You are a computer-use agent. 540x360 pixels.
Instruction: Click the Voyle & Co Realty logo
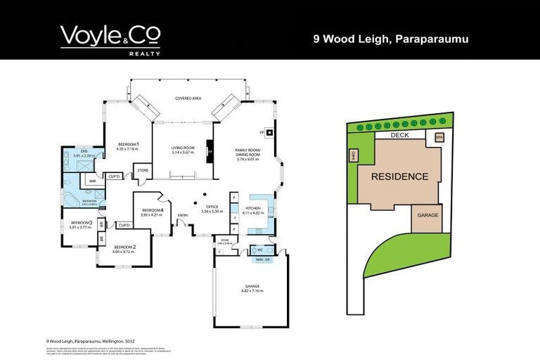(x=110, y=39)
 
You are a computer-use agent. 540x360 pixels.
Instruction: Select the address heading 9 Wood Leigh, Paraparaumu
(x=390, y=39)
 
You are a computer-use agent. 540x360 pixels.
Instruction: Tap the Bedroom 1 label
(x=128, y=146)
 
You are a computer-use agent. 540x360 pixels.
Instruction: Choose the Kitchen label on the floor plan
(x=252, y=208)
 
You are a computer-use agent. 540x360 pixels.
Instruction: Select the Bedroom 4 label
(x=153, y=210)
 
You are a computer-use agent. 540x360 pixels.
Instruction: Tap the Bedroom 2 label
(x=124, y=247)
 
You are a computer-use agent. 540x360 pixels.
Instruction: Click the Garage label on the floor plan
(x=252, y=286)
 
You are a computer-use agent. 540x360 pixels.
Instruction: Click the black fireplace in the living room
(x=209, y=150)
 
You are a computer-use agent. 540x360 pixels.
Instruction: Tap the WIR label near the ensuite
(x=92, y=181)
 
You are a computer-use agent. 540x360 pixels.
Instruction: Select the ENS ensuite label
(x=84, y=150)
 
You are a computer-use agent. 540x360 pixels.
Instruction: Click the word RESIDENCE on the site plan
(x=399, y=176)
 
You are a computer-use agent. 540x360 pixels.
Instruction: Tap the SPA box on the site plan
(x=439, y=137)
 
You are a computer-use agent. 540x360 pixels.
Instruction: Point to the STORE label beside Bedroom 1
(x=142, y=170)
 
